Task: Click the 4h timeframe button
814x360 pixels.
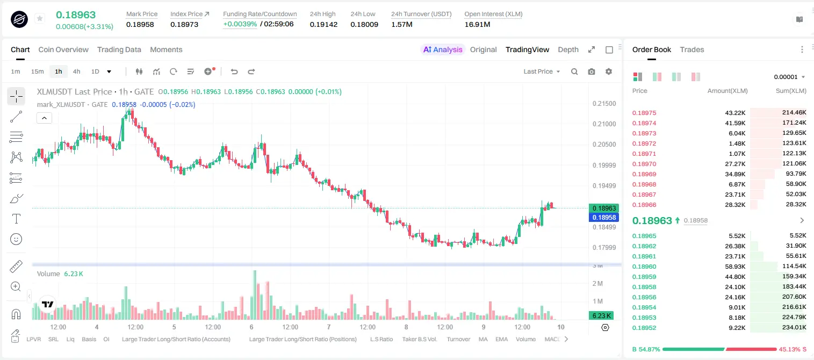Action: point(76,71)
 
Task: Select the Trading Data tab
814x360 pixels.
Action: point(119,49)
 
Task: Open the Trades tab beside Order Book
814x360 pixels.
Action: point(692,49)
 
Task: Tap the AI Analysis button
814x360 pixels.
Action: point(443,49)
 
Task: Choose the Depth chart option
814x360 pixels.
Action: point(568,49)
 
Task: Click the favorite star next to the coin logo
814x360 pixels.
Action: point(40,18)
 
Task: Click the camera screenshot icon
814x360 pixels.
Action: point(592,71)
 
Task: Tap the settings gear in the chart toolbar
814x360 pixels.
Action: point(609,71)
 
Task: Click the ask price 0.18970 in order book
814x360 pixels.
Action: point(644,164)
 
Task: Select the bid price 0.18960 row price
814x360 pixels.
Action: point(644,267)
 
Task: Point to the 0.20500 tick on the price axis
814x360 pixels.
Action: point(604,144)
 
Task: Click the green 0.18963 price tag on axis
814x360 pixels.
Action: point(604,208)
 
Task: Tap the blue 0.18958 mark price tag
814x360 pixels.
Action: point(604,217)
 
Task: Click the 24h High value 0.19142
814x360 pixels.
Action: point(323,24)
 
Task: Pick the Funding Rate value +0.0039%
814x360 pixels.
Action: point(240,24)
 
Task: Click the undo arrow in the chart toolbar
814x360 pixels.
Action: point(234,71)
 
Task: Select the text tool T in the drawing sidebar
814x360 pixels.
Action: point(16,219)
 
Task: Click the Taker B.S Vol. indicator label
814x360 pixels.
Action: point(419,339)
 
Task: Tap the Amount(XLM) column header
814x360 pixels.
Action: point(727,91)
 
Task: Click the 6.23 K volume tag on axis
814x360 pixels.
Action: point(601,316)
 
